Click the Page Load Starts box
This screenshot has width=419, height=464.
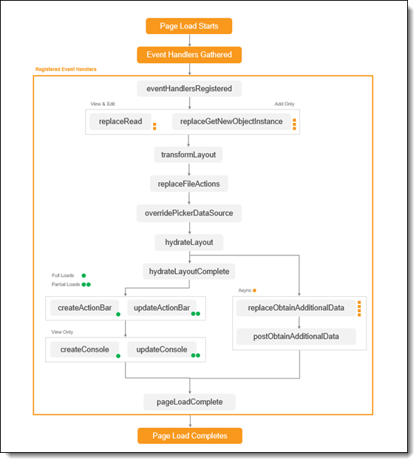189,26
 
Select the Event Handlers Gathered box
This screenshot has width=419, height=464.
189,55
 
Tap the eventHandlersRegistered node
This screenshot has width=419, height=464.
189,89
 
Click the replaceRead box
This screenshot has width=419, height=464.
120,121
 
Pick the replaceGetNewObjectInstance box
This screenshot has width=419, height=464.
231,121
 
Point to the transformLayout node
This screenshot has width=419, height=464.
188,155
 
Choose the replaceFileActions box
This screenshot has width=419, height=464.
189,184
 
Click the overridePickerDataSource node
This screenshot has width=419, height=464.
189,213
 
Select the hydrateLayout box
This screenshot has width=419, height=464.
189,242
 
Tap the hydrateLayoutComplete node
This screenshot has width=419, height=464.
189,272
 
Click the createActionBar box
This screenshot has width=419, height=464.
84,308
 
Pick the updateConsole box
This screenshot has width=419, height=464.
162,349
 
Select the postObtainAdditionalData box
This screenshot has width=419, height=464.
296,337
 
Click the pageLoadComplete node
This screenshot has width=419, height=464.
190,402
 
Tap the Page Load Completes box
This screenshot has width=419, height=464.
190,436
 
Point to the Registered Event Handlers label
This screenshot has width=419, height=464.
66,70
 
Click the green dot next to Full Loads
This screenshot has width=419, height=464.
84,275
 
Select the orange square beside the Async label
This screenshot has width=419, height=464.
254,291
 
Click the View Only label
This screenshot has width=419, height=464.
62,332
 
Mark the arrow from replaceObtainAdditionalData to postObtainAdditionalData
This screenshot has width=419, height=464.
299,323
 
